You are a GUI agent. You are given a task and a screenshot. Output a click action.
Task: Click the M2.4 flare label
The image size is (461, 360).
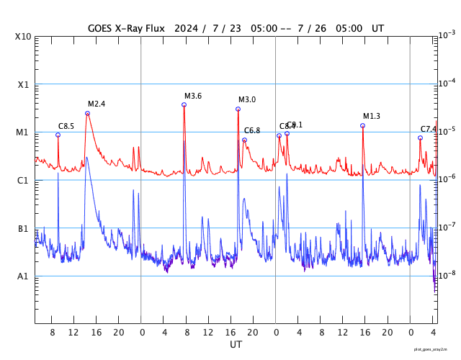point(97,104)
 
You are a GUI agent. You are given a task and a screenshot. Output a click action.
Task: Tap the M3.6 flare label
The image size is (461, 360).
point(193,96)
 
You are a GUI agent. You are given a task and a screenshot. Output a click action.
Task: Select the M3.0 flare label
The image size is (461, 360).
point(247,99)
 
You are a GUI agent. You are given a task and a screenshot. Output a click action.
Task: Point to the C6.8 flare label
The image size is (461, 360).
point(252,130)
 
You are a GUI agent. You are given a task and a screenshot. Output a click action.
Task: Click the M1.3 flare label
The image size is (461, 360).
point(372,116)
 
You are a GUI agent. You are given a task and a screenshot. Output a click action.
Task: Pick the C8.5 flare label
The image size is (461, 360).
point(66,126)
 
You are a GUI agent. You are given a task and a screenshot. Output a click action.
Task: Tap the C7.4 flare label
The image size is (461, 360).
point(429,129)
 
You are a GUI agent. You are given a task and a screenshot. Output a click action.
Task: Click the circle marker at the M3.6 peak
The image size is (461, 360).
point(184,104)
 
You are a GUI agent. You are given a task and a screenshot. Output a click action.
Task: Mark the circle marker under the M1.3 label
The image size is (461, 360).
point(362,125)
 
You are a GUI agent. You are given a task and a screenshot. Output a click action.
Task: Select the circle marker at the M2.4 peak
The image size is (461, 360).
point(87,113)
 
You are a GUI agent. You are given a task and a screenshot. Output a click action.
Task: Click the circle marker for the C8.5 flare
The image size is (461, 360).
point(58,135)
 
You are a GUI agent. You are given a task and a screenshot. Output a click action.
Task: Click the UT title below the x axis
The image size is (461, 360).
point(236,345)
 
